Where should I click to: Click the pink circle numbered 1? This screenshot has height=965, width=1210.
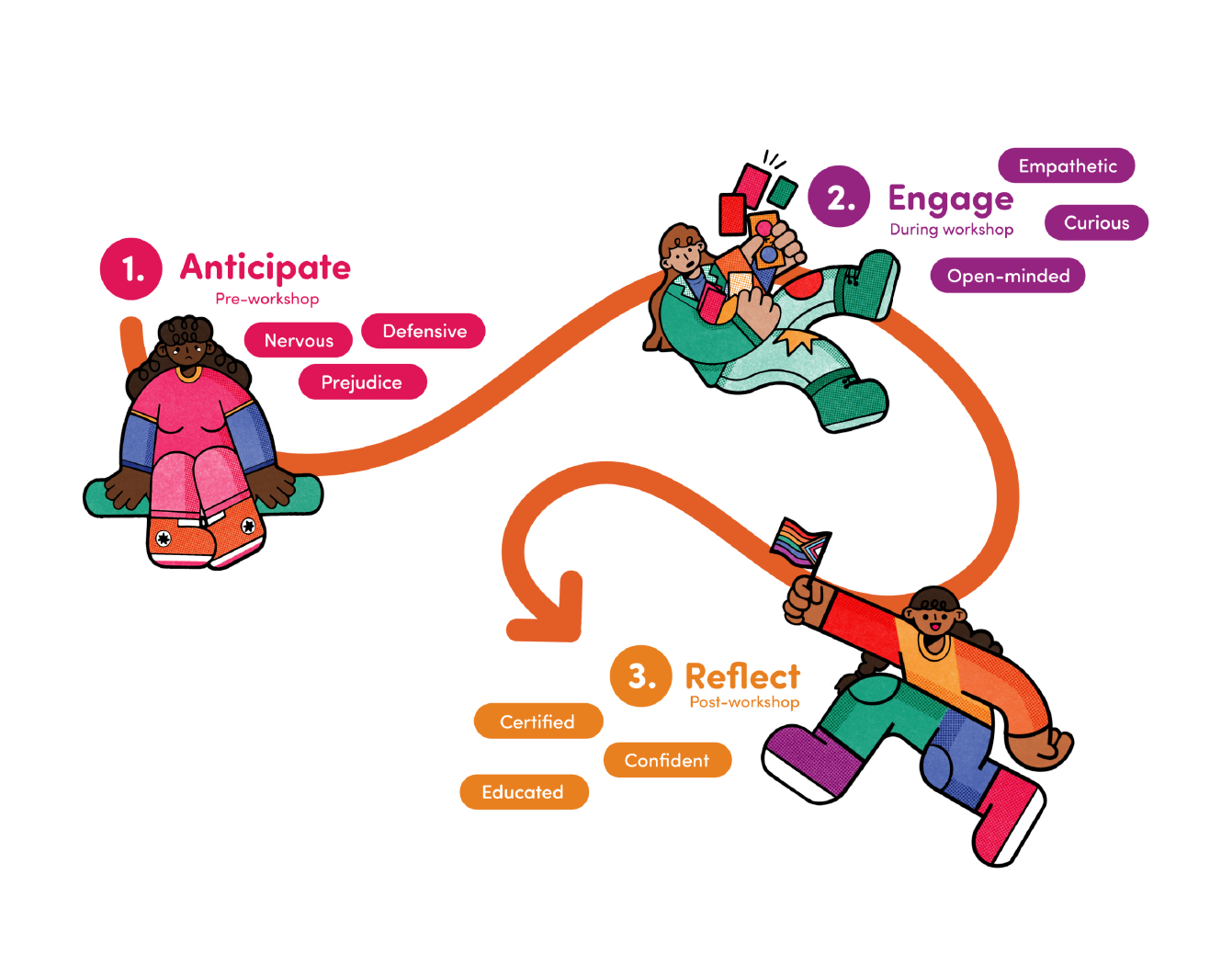pyautogui.click(x=131, y=268)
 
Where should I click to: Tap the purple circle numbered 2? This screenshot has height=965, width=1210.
pyautogui.click(x=839, y=197)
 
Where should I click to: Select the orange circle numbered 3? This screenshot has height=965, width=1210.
pyautogui.click(x=640, y=676)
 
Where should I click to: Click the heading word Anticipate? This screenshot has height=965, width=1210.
pyautogui.click(x=266, y=267)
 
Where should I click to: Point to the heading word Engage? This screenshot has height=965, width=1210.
pyautogui.click(x=950, y=199)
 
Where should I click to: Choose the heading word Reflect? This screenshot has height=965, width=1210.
pyautogui.click(x=742, y=676)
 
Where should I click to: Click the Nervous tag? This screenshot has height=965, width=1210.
pyautogui.click(x=299, y=341)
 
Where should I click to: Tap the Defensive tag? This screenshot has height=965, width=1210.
pyautogui.click(x=424, y=331)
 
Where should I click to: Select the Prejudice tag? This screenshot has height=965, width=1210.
pyautogui.click(x=362, y=382)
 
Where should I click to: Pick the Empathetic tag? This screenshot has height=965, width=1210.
pyautogui.click(x=1067, y=166)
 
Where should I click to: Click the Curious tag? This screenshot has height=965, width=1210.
pyautogui.click(x=1096, y=222)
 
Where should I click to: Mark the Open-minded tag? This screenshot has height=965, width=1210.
pyautogui.click(x=1008, y=276)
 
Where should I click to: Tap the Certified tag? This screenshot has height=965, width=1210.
pyautogui.click(x=537, y=721)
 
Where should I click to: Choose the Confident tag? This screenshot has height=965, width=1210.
pyautogui.click(x=667, y=760)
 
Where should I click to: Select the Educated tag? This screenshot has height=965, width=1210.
pyautogui.click(x=523, y=792)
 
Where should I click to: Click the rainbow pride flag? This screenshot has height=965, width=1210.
pyautogui.click(x=799, y=544)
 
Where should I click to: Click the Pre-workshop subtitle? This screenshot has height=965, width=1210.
pyautogui.click(x=266, y=299)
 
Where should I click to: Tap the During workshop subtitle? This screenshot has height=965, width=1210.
pyautogui.click(x=951, y=230)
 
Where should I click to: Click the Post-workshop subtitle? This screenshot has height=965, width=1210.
pyautogui.click(x=744, y=702)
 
